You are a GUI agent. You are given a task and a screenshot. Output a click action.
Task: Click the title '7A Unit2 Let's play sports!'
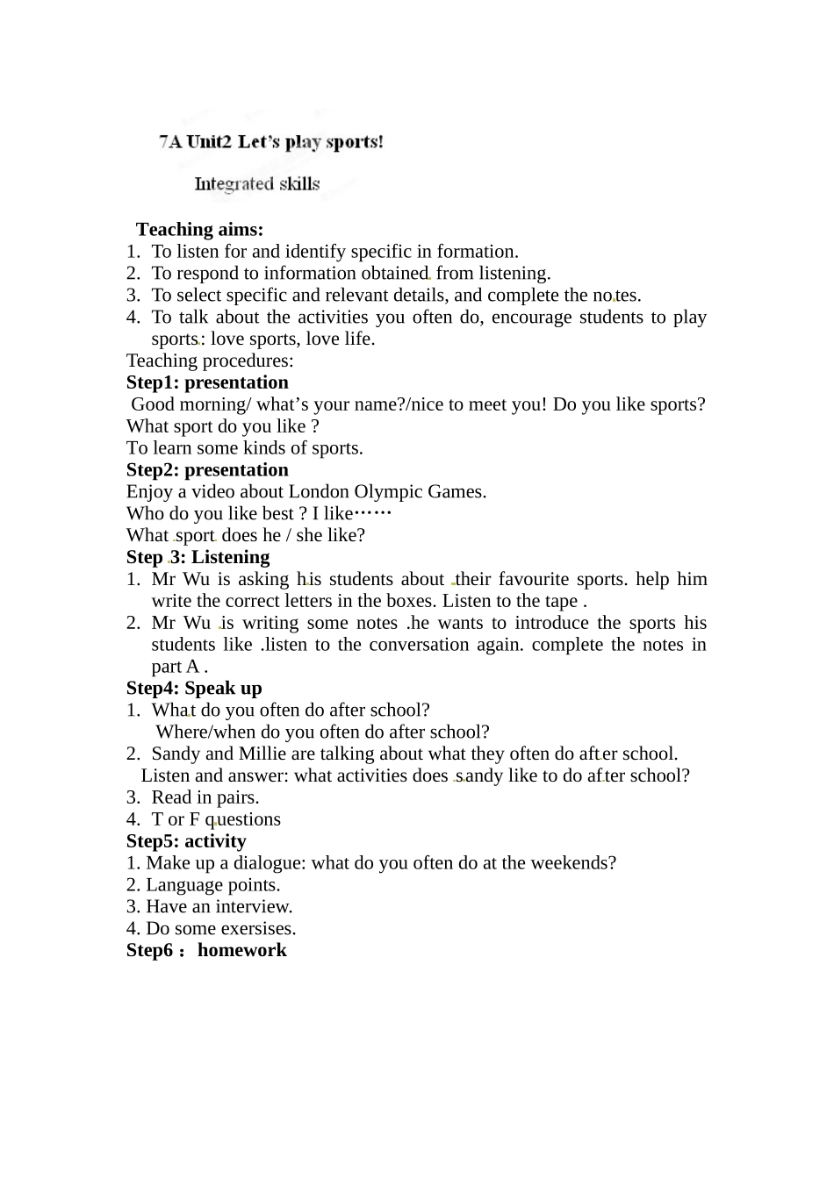[271, 142]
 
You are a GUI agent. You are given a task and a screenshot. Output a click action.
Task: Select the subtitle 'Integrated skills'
[256, 184]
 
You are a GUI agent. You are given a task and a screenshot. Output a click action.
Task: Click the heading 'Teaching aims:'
[199, 230]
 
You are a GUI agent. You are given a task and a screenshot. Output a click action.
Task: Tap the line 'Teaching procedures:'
[210, 361]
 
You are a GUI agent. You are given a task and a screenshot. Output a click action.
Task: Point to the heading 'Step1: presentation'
[207, 382]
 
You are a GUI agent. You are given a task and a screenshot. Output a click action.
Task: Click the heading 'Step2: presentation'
[207, 470]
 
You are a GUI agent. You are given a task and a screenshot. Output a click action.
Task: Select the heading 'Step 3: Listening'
[198, 557]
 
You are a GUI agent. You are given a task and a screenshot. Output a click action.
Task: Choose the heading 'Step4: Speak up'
[194, 689]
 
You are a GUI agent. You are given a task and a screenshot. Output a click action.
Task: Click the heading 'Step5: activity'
[186, 841]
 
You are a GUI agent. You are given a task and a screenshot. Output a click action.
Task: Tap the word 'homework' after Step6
[241, 951]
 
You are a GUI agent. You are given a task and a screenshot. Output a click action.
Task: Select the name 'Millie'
[264, 754]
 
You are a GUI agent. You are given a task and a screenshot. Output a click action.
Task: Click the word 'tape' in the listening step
[561, 602]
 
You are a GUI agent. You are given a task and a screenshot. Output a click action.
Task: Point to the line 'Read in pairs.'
[205, 797]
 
